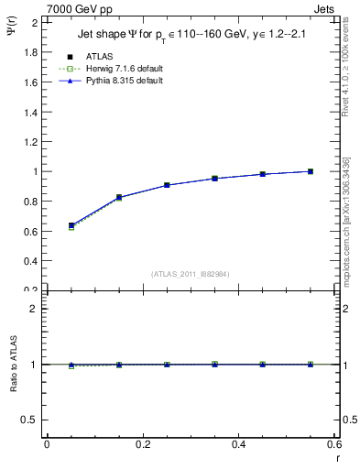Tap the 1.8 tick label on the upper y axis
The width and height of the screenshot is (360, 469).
click(x=30, y=52)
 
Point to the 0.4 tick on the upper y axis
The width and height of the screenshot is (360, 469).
click(x=30, y=261)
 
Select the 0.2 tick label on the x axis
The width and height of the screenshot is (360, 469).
click(x=142, y=444)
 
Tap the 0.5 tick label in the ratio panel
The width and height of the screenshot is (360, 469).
click(x=30, y=420)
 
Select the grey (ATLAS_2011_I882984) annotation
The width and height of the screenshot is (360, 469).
click(x=190, y=274)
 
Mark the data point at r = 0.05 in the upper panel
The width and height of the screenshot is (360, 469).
click(x=71, y=225)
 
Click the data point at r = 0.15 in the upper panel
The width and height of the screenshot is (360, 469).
click(x=119, y=198)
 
